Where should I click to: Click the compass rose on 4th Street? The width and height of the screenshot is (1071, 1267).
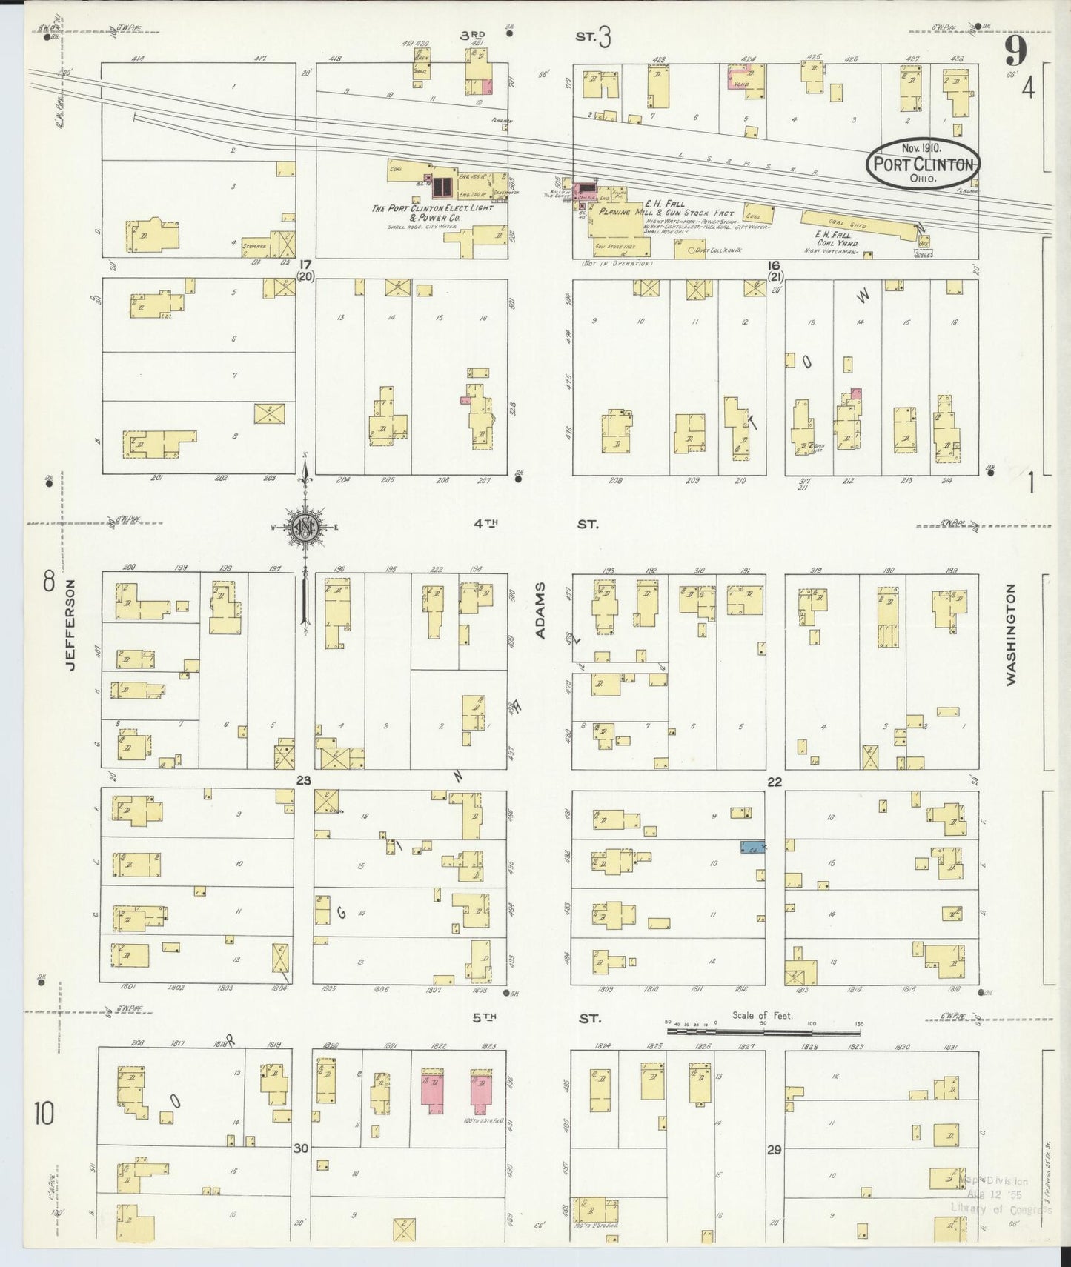305,527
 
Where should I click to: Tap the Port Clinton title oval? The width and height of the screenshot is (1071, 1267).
923,164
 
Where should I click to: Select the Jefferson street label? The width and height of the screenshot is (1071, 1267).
70,625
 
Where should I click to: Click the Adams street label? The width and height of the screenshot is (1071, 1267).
540,610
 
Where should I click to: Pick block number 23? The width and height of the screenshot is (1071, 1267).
303,780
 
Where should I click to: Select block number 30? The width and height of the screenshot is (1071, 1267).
300,1148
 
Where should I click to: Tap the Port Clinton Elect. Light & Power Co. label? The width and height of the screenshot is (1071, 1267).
431,213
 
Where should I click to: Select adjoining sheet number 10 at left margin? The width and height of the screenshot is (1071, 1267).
44,1113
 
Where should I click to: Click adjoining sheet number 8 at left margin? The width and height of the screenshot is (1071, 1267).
49,582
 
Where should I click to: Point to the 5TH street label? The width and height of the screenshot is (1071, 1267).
484,1019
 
